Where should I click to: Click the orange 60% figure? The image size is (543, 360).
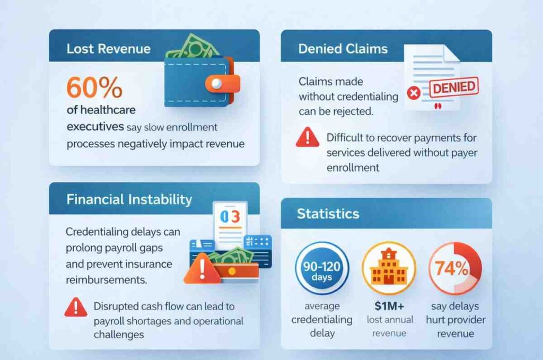pos(94,87)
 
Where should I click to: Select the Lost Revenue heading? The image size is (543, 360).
pos(108,49)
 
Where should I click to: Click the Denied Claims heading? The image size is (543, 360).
pos(343,49)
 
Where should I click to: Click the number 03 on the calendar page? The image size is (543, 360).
pos(230,217)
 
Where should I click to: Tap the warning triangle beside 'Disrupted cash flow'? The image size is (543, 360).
pos(75,306)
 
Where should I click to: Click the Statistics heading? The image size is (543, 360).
pos(328,214)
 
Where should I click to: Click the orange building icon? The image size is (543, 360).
pos(389,268)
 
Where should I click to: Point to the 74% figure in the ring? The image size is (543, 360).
pos(454,267)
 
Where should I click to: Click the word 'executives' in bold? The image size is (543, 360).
pos(95,128)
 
